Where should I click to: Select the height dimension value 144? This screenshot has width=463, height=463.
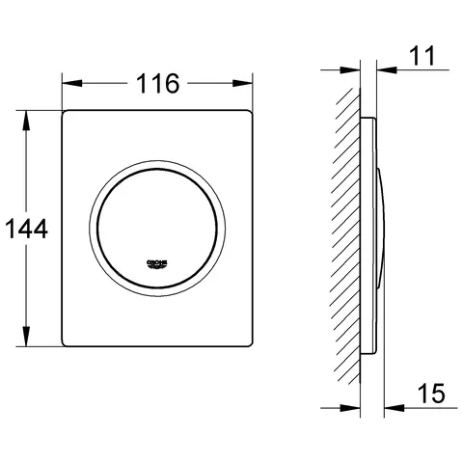pyautogui.click(x=25, y=230)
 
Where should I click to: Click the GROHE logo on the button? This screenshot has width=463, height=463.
pyautogui.click(x=156, y=262)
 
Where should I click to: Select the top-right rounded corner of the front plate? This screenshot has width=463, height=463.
pyautogui.click(x=249, y=117)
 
